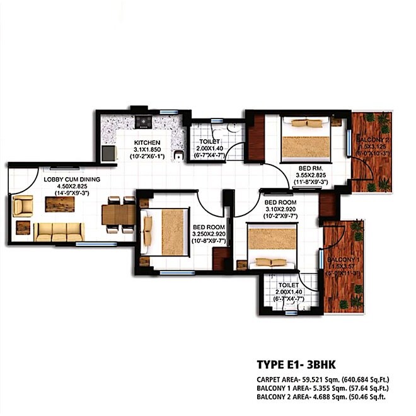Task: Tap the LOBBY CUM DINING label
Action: (x=70, y=179)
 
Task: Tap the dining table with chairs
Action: (x=118, y=215)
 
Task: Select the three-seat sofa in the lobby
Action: (x=58, y=231)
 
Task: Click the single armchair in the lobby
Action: (x=23, y=205)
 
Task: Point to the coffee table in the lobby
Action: (x=59, y=204)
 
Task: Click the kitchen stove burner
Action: (x=142, y=120)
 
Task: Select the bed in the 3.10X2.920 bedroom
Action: (x=271, y=247)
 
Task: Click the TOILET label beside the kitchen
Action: (x=209, y=142)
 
